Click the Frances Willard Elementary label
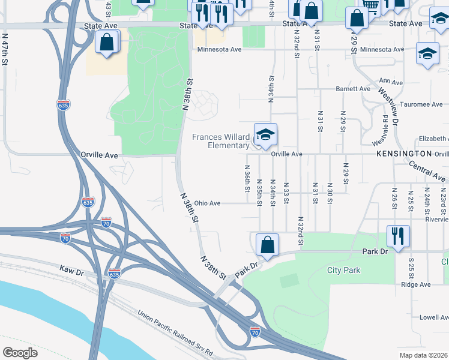[220, 141]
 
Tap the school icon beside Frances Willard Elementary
[265, 134]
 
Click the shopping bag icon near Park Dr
[267, 245]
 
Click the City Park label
[344, 271]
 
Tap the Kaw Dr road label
[71, 271]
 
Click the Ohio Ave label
[206, 203]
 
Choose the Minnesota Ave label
[220, 49]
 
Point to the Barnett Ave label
[353, 89]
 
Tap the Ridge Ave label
[416, 284]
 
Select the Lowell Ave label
[435, 317]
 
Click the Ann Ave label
[391, 82]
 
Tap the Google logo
[20, 352]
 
